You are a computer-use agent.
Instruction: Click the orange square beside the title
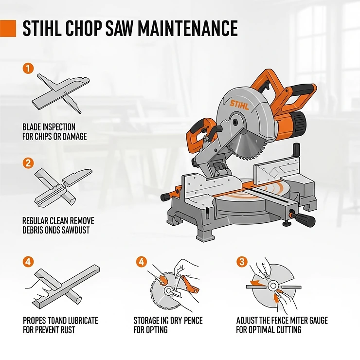pos(8,29)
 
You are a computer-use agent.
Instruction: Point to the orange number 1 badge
pos(28,69)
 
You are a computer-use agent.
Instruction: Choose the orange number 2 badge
pos(28,162)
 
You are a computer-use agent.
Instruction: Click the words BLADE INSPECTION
pos(49,127)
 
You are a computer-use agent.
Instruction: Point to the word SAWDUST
pos(75,230)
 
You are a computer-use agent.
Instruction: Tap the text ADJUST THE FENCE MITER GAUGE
pos(282,321)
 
